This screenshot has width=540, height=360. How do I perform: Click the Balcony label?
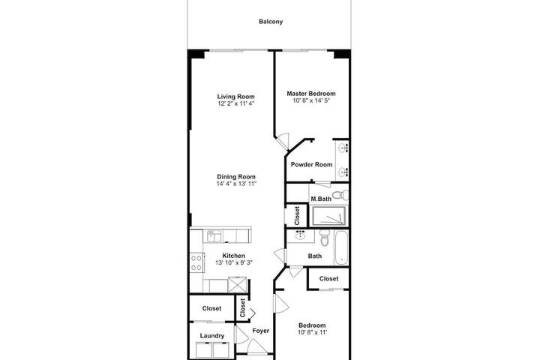[271, 22]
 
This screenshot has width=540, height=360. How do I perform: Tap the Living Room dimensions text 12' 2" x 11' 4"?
[236, 103]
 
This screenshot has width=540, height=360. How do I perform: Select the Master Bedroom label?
[311, 93]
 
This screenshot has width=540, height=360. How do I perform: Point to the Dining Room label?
[236, 177]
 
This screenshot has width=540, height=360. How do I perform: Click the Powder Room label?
[312, 165]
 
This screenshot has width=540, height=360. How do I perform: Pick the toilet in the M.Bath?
[340, 195]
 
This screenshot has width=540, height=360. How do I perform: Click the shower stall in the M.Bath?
[328, 216]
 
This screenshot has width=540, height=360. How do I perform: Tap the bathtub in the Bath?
[341, 247]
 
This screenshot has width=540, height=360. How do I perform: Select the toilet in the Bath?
[324, 238]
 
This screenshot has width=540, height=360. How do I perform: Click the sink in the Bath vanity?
[300, 235]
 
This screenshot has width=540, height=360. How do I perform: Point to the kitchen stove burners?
[196, 262]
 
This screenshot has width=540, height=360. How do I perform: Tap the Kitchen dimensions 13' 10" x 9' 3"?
[234, 262]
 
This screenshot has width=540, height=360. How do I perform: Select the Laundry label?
[212, 336]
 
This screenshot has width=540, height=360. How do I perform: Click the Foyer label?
[261, 331]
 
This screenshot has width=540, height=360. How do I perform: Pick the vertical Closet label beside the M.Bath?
[297, 216]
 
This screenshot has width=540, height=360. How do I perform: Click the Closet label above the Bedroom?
[328, 279]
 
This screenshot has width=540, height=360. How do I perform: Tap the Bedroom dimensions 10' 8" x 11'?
[312, 332]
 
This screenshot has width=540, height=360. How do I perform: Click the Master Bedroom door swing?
[283, 140]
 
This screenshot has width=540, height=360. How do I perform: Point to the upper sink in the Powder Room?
[343, 148]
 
